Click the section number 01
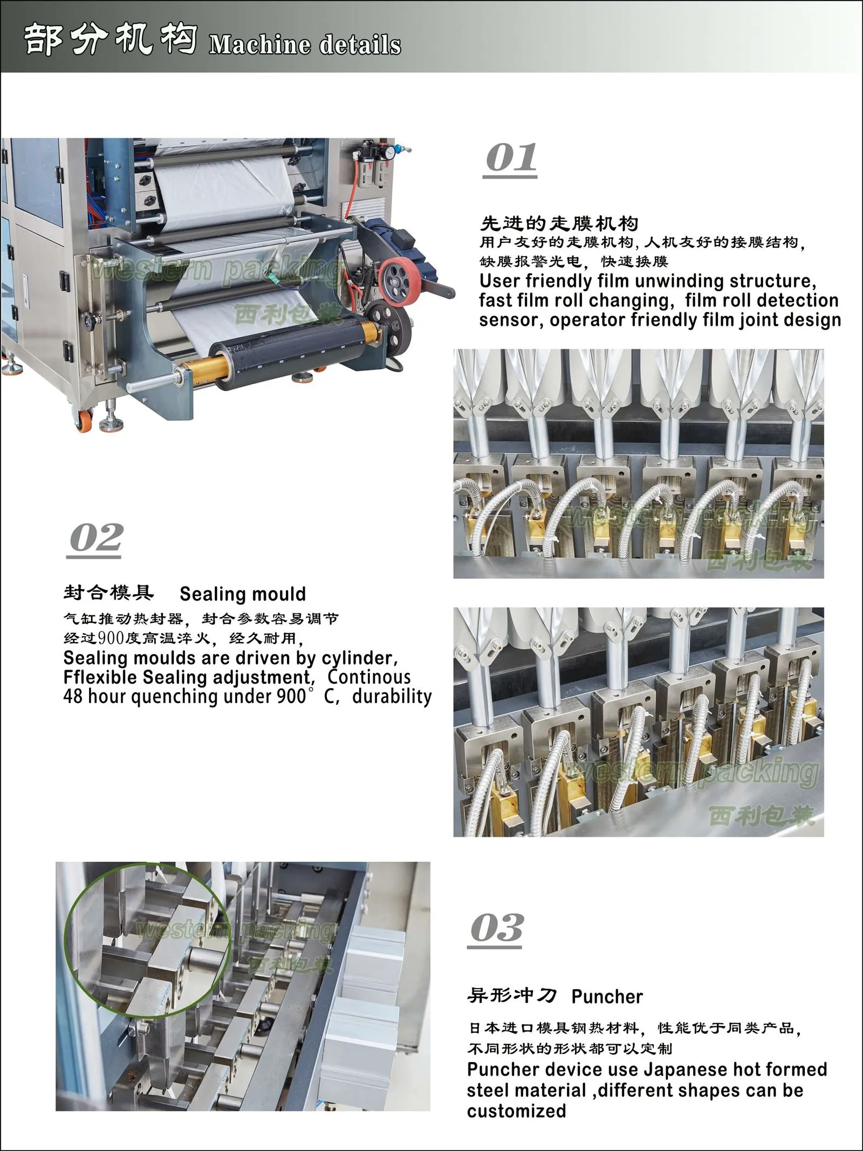point(511,158)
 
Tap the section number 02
point(96,538)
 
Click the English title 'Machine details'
point(305,44)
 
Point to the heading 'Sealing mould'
point(243,594)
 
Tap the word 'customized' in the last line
point(516,1111)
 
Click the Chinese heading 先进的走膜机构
point(559,223)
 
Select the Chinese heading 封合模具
point(108,593)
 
